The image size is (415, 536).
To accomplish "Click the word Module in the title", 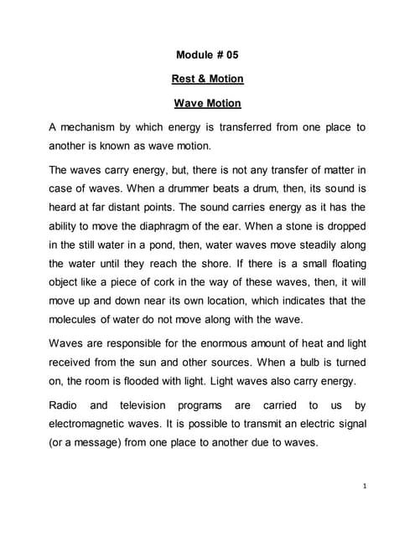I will coord(195,55).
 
